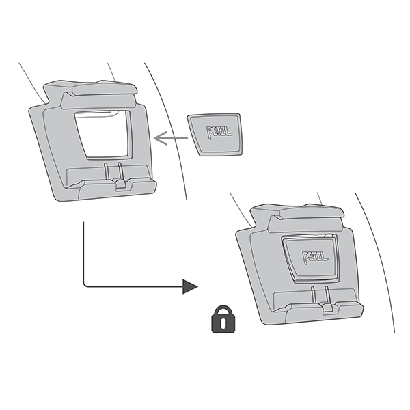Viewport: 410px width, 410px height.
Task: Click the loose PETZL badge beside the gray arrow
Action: click(x=215, y=134)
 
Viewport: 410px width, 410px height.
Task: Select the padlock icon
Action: click(x=221, y=319)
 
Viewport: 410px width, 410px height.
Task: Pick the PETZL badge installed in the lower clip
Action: click(x=311, y=257)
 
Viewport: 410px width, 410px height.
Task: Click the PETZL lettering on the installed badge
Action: click(x=315, y=257)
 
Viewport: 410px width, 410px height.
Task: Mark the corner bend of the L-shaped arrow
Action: click(x=84, y=285)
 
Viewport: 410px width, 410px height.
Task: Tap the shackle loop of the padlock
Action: click(x=221, y=311)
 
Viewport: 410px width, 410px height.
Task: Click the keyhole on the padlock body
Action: click(x=221, y=324)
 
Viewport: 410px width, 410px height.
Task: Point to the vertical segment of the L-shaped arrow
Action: click(x=83, y=253)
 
